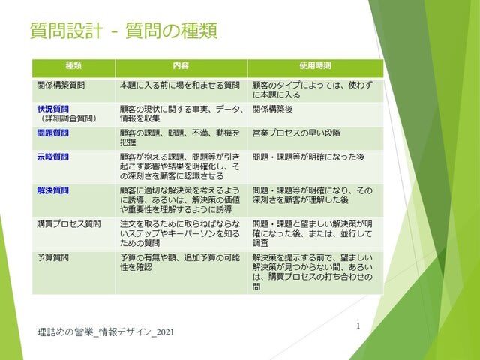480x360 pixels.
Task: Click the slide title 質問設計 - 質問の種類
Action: point(124,31)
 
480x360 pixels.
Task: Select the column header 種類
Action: point(73,65)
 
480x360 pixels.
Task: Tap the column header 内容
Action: point(181,65)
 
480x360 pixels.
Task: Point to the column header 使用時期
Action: point(315,65)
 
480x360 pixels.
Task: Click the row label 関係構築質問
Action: point(61,85)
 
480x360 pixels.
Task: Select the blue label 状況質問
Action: point(53,109)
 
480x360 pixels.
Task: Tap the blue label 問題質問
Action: point(53,133)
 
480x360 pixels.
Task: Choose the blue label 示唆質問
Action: point(53,157)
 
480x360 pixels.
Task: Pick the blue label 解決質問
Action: point(53,190)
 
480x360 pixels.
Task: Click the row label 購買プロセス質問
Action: point(69,223)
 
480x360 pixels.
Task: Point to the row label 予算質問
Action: point(53,257)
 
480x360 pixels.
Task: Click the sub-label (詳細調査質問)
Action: point(69,118)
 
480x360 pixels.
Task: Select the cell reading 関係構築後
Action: point(272,109)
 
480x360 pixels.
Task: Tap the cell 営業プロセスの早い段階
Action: point(296,133)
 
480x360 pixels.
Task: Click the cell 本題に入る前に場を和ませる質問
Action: point(180,85)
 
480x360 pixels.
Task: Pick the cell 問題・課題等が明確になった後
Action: point(308,157)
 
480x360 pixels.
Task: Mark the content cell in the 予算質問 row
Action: point(180,262)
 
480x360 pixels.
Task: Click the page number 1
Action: point(358,325)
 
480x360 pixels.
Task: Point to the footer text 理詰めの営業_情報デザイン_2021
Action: point(106,332)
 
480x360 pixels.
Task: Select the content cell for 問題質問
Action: point(180,138)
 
